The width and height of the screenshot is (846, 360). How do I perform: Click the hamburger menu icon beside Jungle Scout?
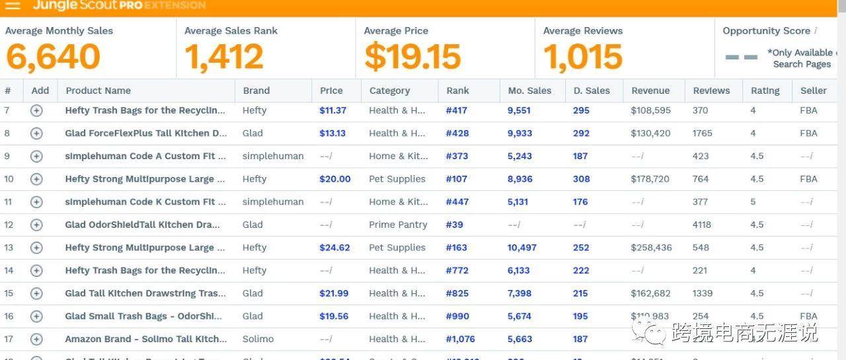[13, 5]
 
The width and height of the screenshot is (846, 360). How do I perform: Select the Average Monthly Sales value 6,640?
[53, 57]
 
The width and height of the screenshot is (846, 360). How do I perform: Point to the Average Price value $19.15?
[412, 57]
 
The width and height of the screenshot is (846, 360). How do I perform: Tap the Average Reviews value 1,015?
[583, 57]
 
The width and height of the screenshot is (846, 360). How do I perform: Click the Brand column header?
[256, 90]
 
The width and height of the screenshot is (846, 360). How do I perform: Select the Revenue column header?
[650, 90]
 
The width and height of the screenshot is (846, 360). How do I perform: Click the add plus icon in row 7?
[36, 110]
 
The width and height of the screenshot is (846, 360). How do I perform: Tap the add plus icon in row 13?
[36, 248]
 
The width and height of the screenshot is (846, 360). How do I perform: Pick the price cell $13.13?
[332, 133]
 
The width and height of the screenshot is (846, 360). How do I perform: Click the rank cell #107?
[456, 179]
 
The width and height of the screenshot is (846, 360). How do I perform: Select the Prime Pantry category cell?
[398, 225]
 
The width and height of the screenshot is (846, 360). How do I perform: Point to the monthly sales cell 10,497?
[522, 248]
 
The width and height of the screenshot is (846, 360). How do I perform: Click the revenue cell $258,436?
[651, 248]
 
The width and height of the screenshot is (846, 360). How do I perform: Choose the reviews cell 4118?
[702, 225]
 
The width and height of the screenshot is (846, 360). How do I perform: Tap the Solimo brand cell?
[258, 339]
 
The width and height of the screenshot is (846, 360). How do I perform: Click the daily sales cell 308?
[581, 179]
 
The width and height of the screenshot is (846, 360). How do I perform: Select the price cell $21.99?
[334, 293]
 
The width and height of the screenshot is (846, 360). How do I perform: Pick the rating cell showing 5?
[753, 202]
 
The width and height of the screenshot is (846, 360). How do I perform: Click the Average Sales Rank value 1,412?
[224, 57]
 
